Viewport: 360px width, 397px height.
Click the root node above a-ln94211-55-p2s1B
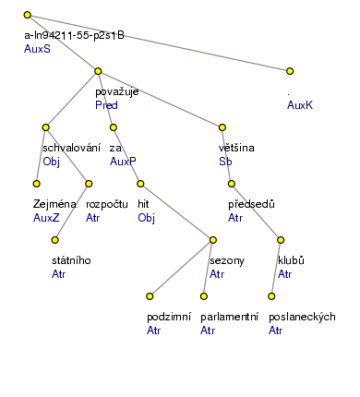click(28, 16)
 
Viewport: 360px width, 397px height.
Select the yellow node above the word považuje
click(98, 70)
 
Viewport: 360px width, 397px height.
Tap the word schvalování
click(71, 148)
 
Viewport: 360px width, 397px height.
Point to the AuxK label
click(300, 105)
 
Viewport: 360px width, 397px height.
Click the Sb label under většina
click(224, 162)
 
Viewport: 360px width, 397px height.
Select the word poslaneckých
click(302, 317)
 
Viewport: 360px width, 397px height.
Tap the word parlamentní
click(229, 317)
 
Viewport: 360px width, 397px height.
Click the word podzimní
click(168, 317)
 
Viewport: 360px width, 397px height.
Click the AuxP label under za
click(123, 162)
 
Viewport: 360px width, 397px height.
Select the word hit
click(143, 204)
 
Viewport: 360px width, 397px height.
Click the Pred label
click(106, 105)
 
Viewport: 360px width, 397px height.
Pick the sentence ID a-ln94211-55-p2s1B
click(74, 35)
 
